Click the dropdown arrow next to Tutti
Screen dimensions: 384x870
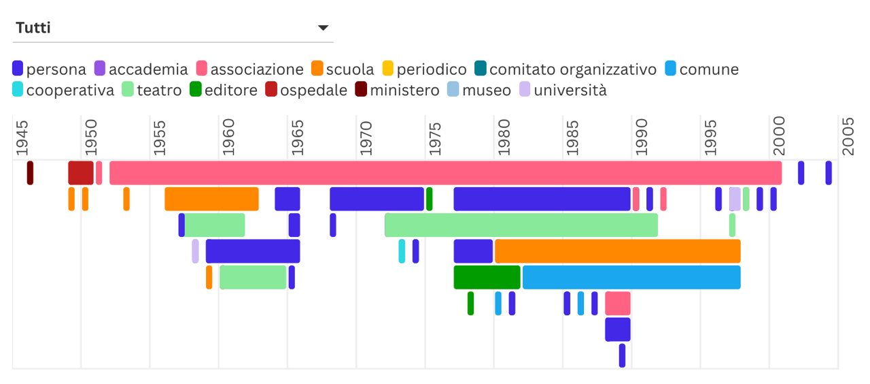click(323, 28)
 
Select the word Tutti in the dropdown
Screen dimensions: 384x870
click(33, 28)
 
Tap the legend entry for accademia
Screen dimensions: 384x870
click(141, 69)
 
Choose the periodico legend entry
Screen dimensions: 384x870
click(424, 69)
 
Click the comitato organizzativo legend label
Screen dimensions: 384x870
click(565, 69)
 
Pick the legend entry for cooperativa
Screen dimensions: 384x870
click(63, 90)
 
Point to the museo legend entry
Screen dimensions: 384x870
click(479, 90)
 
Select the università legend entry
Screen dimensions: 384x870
click(563, 90)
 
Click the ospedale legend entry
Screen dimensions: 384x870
click(306, 90)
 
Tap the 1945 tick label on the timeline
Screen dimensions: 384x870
click(22, 138)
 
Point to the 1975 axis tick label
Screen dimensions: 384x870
click(435, 138)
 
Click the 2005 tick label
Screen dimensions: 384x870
click(848, 138)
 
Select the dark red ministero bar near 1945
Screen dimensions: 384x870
click(30, 173)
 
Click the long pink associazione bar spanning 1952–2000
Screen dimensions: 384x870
click(445, 173)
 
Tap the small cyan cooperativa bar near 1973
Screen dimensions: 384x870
click(402, 251)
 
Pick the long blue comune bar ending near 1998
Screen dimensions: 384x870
click(631, 277)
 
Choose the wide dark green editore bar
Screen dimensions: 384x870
click(487, 277)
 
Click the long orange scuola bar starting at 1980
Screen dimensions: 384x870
click(617, 251)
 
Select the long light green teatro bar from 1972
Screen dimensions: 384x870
click(521, 225)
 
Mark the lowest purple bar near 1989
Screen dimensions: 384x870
click(622, 355)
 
